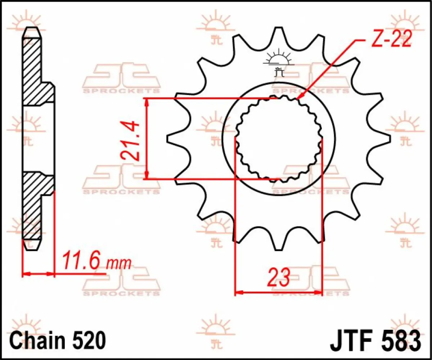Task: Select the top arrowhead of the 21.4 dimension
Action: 146,103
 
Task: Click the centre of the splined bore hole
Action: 279,139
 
